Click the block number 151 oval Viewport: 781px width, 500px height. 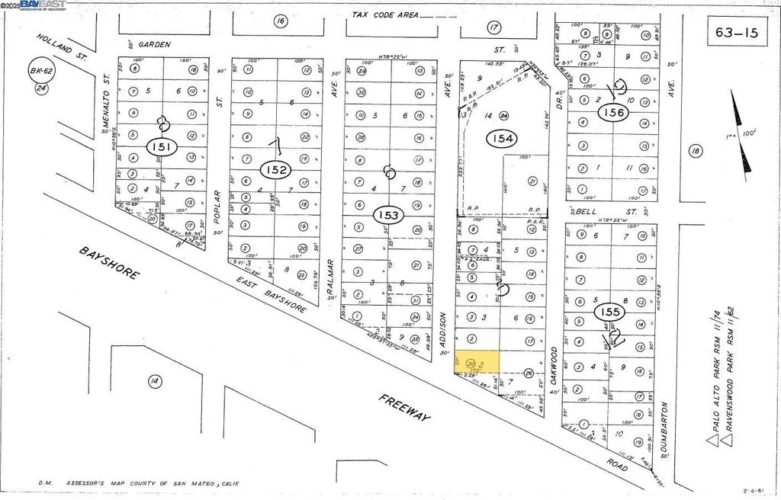pyautogui.click(x=162, y=147)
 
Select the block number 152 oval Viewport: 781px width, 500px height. pyautogui.click(x=276, y=169)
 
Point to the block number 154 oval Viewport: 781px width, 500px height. pyautogui.click(x=503, y=138)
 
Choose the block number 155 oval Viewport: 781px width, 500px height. pyautogui.click(x=611, y=312)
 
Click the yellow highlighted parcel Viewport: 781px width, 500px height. pyautogui.click(x=477, y=361)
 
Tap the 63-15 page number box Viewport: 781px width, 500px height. pyautogui.click(x=736, y=33)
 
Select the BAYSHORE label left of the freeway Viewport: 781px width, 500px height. pyautogui.click(x=109, y=263)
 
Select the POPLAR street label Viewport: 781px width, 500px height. pyautogui.click(x=217, y=207)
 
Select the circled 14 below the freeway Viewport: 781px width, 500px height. pyautogui.click(x=154, y=380)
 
